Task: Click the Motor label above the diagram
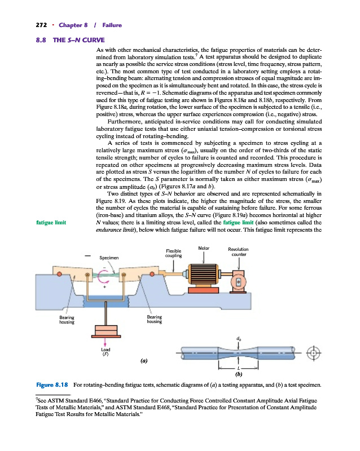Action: tap(204, 247)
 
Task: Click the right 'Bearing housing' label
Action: tap(155, 320)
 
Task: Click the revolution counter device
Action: tap(240, 279)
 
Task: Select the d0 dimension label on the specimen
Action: tap(240, 339)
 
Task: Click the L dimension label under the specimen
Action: tap(240, 367)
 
